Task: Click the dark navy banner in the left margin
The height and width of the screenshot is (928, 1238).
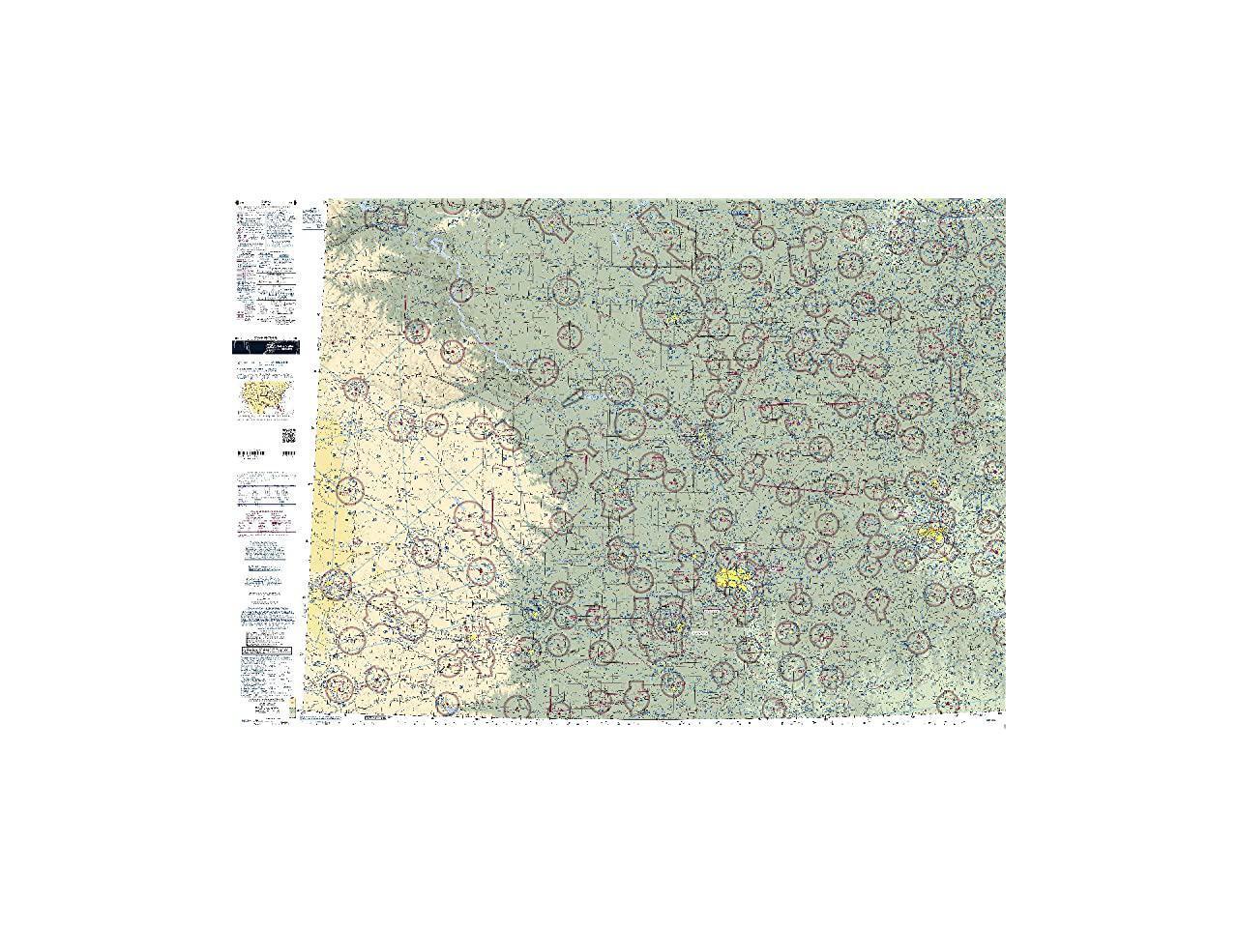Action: pos(264,347)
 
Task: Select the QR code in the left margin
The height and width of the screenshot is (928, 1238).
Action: pos(288,435)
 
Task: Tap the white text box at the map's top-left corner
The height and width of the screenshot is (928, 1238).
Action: pos(311,217)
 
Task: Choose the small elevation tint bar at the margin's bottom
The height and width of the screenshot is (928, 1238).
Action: pos(291,701)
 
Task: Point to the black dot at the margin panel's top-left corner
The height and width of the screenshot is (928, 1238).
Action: pos(238,203)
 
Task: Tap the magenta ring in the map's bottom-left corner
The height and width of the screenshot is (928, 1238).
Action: pos(339,687)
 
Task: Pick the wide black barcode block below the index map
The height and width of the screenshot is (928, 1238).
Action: pos(251,453)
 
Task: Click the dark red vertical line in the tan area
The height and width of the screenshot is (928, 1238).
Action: pos(492,504)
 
